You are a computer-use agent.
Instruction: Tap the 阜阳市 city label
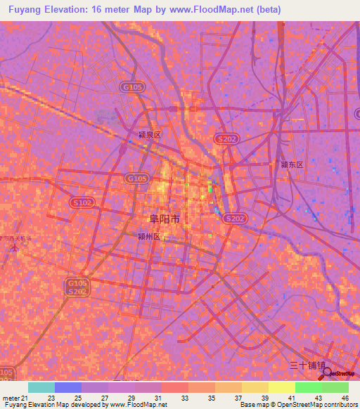pyautogui.click(x=160, y=219)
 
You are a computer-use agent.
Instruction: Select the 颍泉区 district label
pyautogui.click(x=150, y=134)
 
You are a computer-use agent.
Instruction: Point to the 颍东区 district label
pyautogui.click(x=291, y=164)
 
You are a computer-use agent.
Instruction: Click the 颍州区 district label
pyautogui.click(x=149, y=238)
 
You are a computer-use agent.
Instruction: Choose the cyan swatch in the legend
pyautogui.click(x=41, y=387)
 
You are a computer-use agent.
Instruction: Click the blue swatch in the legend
pyautogui.click(x=68, y=387)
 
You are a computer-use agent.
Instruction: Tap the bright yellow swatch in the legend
pyautogui.click(x=282, y=387)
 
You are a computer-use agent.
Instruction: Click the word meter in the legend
pyautogui.click(x=11, y=398)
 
